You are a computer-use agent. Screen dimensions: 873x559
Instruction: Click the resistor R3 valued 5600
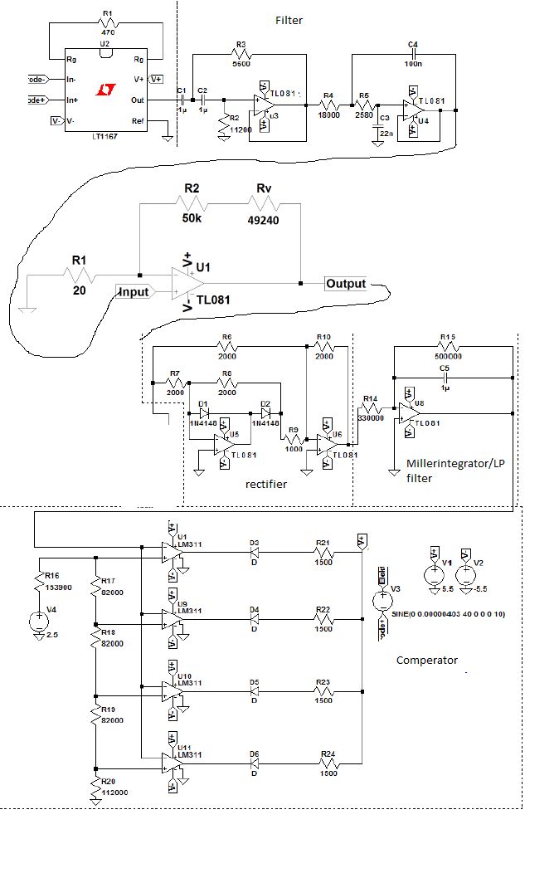pyautogui.click(x=241, y=56)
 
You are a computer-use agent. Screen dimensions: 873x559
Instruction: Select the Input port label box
pyautogui.click(x=134, y=292)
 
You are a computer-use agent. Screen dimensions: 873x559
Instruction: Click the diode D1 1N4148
pyautogui.click(x=203, y=412)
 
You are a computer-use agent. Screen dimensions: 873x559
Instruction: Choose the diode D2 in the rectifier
pyautogui.click(x=266, y=412)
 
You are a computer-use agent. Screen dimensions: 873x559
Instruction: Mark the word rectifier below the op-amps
pyautogui.click(x=266, y=484)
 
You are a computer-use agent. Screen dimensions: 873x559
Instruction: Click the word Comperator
pyautogui.click(x=426, y=661)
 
